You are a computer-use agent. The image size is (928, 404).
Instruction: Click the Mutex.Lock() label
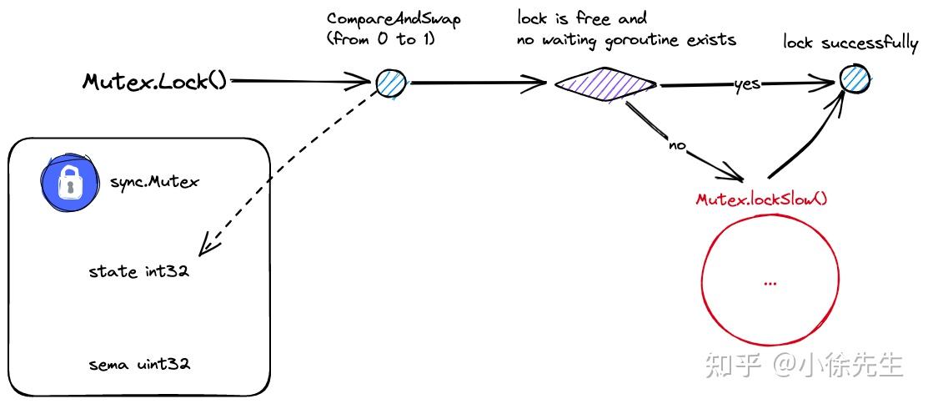(x=154, y=81)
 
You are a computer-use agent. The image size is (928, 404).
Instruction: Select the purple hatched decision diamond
(x=605, y=83)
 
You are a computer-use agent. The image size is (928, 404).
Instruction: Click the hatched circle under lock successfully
(x=855, y=80)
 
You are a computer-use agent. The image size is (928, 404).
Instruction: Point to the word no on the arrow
(x=677, y=145)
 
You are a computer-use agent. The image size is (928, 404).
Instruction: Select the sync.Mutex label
(x=154, y=181)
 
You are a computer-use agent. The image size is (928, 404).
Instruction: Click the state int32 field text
(x=138, y=272)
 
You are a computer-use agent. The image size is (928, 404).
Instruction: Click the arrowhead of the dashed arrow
(x=205, y=250)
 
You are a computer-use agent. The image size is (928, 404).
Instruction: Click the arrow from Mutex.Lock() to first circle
(x=300, y=81)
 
